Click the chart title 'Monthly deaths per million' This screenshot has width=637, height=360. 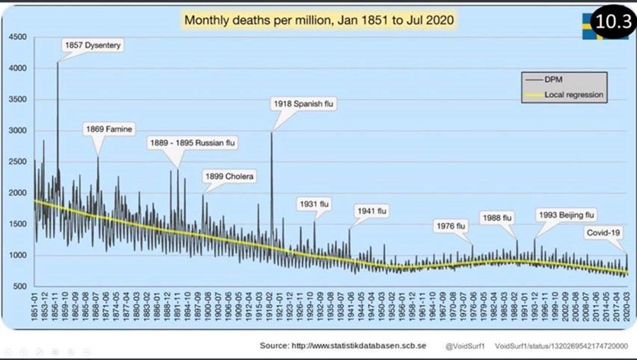tap(318, 20)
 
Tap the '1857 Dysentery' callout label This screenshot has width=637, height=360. tap(92, 45)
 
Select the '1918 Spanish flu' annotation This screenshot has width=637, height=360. tap(304, 104)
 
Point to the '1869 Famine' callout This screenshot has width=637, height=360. tap(109, 129)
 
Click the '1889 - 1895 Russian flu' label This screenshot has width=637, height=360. tap(193, 143)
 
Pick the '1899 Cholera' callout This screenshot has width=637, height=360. tap(229, 176)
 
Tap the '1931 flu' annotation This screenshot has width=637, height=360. tap(315, 204)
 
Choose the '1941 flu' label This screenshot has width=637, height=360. tap(371, 211)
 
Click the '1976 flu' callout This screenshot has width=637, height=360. tap(451, 226)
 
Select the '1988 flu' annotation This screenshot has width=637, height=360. tap(497, 218)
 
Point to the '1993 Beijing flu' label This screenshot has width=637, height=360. tap(567, 215)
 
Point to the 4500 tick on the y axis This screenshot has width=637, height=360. tap(17, 37)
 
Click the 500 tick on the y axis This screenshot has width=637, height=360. tap(19, 286)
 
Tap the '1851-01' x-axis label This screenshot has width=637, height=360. tap(35, 310)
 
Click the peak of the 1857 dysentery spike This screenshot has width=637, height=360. tap(58, 62)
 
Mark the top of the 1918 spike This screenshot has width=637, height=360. tap(272, 132)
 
